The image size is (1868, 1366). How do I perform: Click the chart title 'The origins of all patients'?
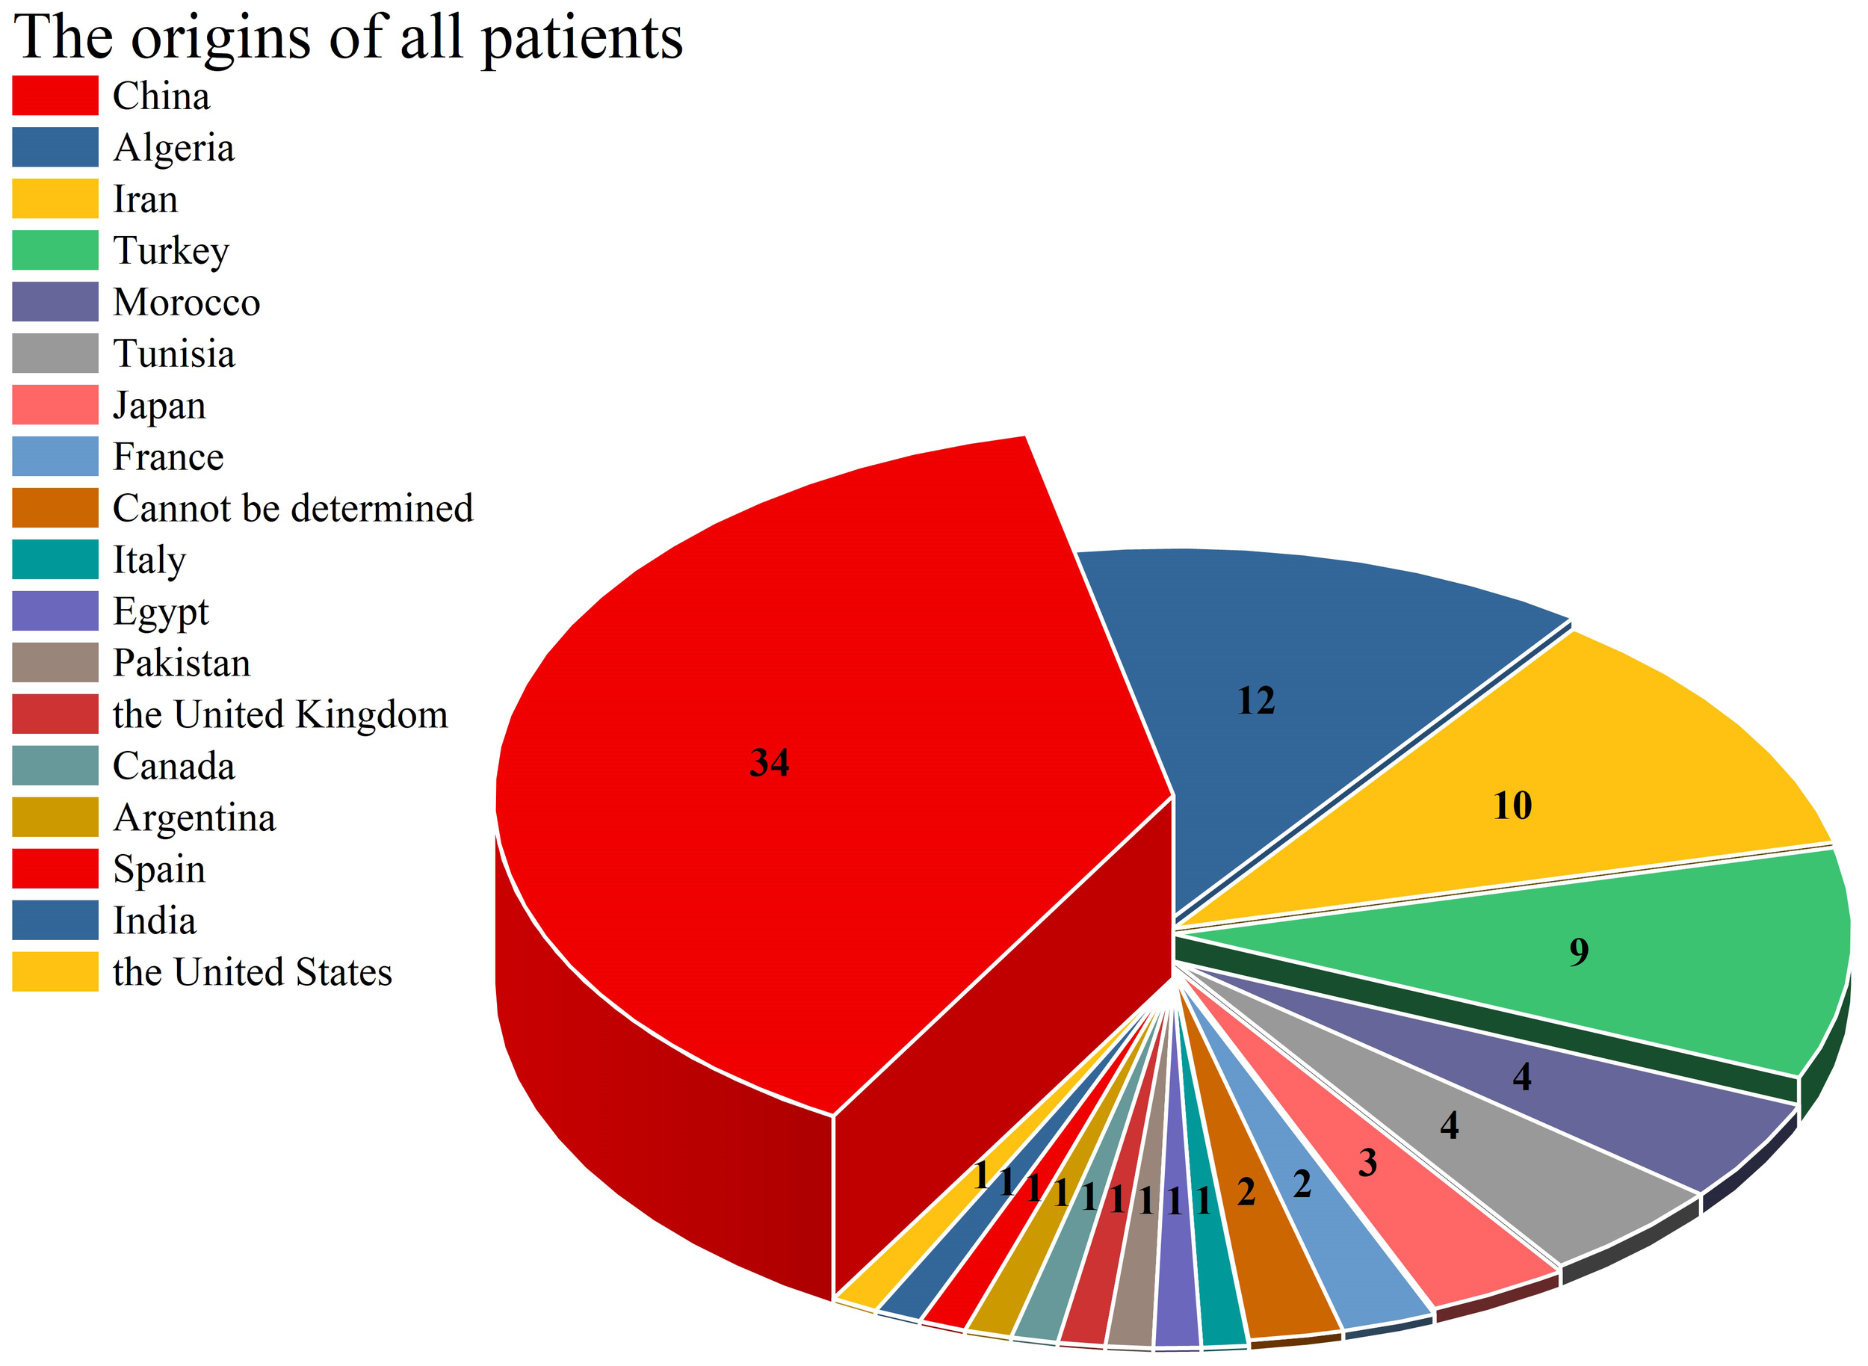click(x=348, y=37)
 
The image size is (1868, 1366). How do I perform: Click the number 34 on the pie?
click(x=769, y=762)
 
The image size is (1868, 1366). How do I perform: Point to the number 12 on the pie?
click(x=1255, y=701)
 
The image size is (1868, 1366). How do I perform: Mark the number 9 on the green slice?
click(x=1579, y=952)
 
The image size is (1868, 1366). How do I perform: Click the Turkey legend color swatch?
click(x=55, y=250)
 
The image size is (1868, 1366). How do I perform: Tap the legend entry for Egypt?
click(x=161, y=612)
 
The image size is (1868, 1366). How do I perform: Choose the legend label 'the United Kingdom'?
click(x=279, y=714)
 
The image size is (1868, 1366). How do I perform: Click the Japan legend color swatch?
click(x=55, y=405)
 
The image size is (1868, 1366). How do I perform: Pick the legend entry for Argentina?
click(x=194, y=818)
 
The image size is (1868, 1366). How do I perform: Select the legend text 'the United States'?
click(x=253, y=972)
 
